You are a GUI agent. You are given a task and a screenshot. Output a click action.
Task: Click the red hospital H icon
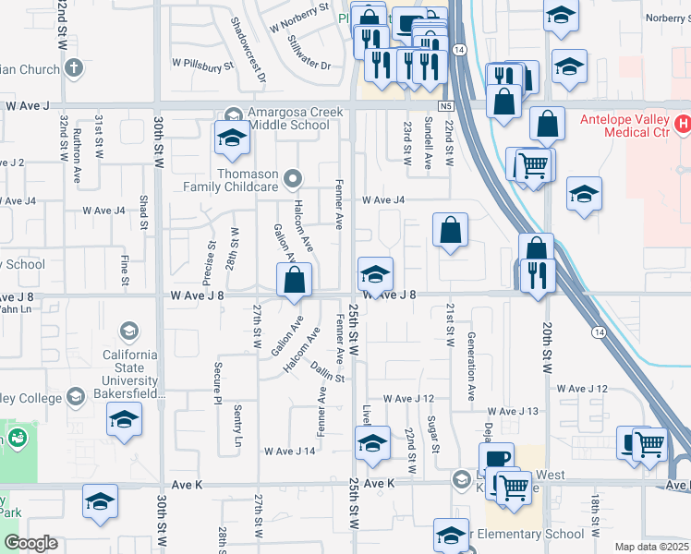point(683,123)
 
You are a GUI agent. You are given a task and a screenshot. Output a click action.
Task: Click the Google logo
point(30,543)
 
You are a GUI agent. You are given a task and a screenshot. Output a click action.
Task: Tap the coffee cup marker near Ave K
point(496,459)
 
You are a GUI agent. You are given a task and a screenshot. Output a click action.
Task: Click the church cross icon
point(74,67)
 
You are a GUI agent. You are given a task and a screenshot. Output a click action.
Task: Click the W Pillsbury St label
point(202,66)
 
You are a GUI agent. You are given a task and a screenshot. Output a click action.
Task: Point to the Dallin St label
point(327,372)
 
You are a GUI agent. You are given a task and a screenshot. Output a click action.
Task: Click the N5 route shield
point(445,106)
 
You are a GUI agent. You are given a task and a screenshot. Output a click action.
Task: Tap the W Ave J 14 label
point(290,452)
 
